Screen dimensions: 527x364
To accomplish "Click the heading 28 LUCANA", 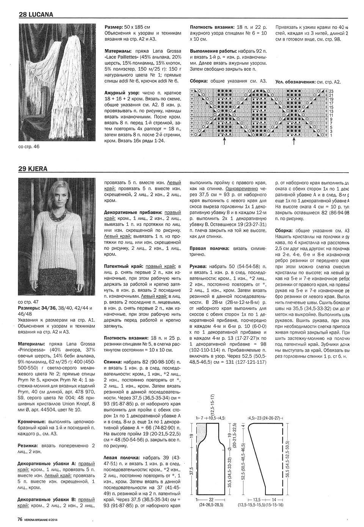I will click(x=36, y=15).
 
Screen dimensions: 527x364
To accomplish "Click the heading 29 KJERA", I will click(x=33, y=169).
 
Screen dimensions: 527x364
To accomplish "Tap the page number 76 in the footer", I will click(x=21, y=519).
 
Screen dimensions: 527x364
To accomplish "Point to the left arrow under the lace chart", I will click(x=224, y=141).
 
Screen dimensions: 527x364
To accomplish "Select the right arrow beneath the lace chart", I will click(x=294, y=141).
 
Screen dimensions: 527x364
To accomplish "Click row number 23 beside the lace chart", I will click(x=331, y=91).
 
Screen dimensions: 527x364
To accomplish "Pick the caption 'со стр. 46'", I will click(x=28, y=147).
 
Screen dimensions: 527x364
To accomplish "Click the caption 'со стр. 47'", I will click(x=28, y=302).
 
